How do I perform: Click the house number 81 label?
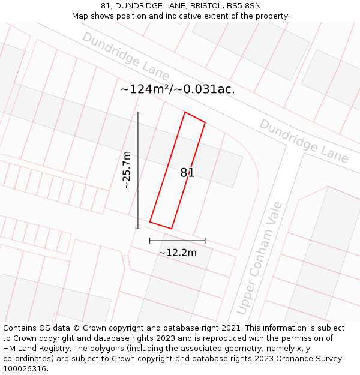click(x=187, y=173)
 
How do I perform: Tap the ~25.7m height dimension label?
click(x=127, y=170)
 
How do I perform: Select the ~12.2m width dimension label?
click(x=177, y=253)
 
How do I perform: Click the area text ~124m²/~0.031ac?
click(x=178, y=89)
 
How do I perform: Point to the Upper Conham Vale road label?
click(x=259, y=258)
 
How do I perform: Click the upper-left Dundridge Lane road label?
click(x=126, y=56)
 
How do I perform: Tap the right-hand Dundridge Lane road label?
click(x=304, y=140)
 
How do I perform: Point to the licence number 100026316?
click(x=25, y=369)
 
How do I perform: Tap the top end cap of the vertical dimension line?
click(x=138, y=112)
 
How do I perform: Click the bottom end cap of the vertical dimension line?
click(x=138, y=229)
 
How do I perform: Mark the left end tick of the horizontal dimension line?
click(x=150, y=241)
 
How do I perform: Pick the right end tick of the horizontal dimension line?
click(x=205, y=241)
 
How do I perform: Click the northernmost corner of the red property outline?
click(x=185, y=112)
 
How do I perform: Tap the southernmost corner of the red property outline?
click(x=172, y=229)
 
